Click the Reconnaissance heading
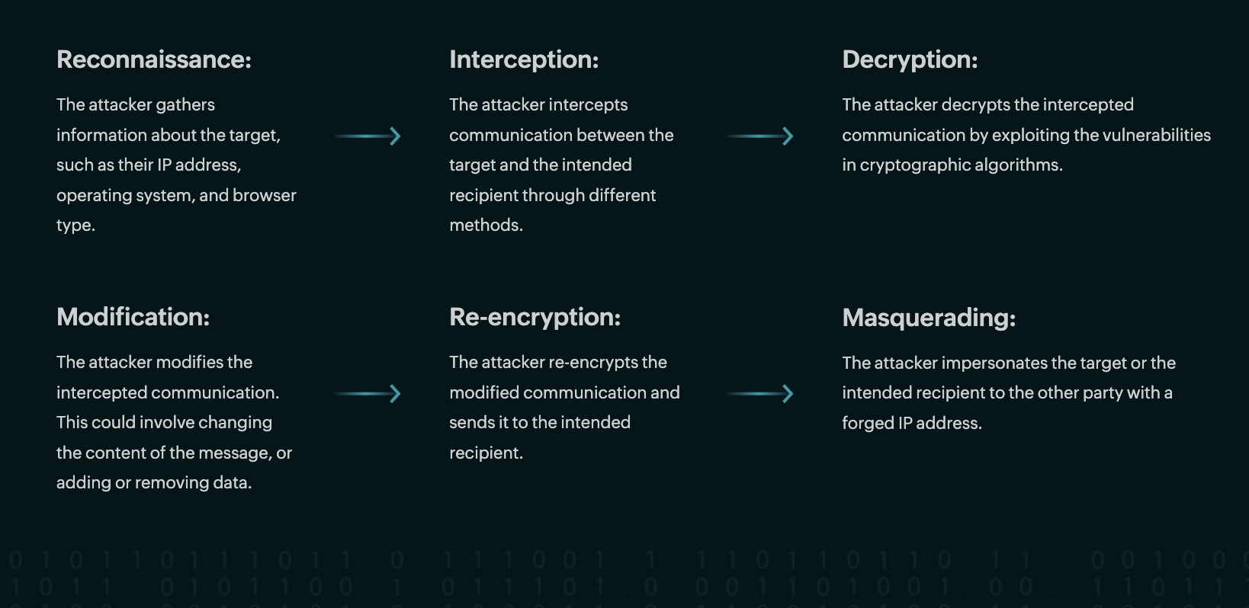click(x=153, y=59)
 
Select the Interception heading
click(x=524, y=59)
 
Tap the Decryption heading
click(x=910, y=59)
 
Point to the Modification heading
click(x=133, y=317)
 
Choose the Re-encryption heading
click(x=535, y=317)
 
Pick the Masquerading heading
click(x=929, y=318)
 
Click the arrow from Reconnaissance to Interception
click(x=368, y=136)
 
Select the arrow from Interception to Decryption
click(x=760, y=136)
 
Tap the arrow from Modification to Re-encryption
click(x=368, y=394)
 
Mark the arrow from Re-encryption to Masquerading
click(x=760, y=394)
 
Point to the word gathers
click(x=185, y=105)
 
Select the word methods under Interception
click(x=485, y=226)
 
